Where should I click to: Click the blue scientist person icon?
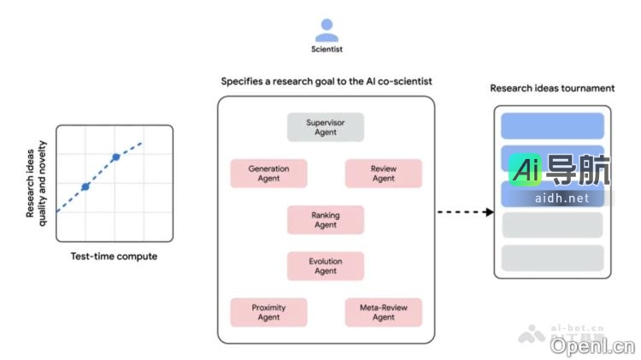[326, 30]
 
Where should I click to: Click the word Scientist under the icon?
[326, 50]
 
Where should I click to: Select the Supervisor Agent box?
[325, 127]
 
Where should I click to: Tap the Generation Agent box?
[268, 174]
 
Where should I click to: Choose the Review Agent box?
[383, 174]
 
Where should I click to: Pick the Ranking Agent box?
[325, 220]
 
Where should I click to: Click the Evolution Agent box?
[325, 265]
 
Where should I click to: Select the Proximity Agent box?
[268, 312]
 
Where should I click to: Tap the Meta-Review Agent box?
[383, 312]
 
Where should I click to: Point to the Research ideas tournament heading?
[552, 88]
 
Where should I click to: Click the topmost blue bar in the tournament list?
[552, 126]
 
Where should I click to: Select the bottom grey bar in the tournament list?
[552, 257]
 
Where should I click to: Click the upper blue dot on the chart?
[115, 157]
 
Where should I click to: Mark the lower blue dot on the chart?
[85, 186]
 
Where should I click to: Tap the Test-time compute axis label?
[114, 257]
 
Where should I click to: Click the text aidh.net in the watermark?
[561, 198]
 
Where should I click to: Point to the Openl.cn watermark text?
[592, 345]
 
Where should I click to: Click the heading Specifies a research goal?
[326, 81]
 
